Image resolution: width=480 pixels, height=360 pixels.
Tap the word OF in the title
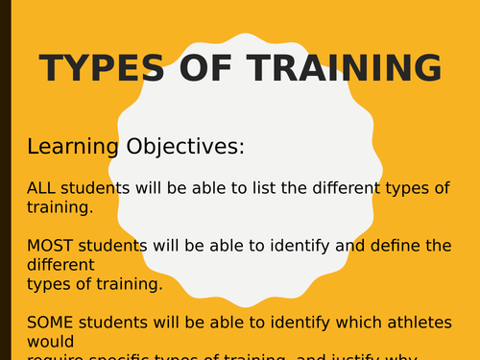(197, 69)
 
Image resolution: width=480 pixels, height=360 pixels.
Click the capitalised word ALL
(41, 188)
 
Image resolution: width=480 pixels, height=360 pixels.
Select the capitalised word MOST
(49, 245)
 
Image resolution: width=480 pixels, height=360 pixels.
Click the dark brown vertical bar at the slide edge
(5, 180)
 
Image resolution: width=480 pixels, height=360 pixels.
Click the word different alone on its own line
(60, 264)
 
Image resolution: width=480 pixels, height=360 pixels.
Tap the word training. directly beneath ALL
(60, 206)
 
